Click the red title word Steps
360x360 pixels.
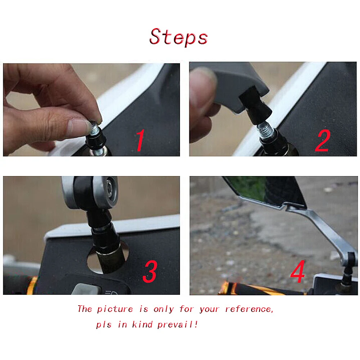pyautogui.click(x=179, y=36)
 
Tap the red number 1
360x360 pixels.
pyautogui.click(x=140, y=140)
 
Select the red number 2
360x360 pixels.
pyautogui.click(x=323, y=140)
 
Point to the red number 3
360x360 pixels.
pyautogui.click(x=150, y=271)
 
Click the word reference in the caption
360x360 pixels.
pyautogui.click(x=249, y=309)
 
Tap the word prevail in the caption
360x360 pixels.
pyautogui.click(x=177, y=324)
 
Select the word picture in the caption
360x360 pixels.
pyautogui.click(x=115, y=309)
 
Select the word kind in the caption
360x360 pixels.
pyautogui.click(x=142, y=324)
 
